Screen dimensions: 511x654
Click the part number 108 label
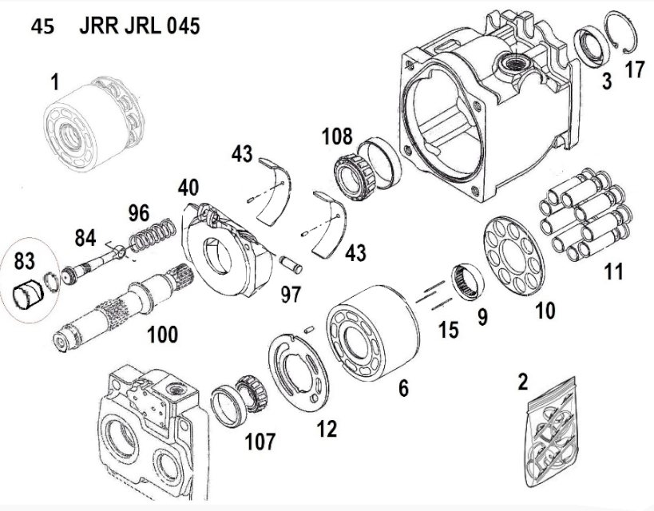pos(337,136)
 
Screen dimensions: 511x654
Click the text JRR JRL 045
pos(140,26)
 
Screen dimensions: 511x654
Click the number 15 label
pos(449,329)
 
